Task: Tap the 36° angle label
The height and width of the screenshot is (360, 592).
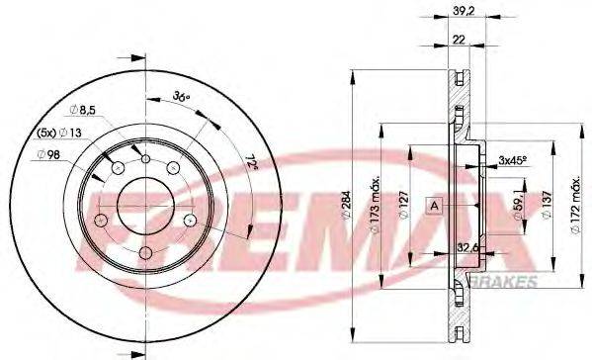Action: (181, 97)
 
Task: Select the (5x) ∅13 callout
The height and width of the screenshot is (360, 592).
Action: (60, 133)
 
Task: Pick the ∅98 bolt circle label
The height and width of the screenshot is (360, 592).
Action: (48, 153)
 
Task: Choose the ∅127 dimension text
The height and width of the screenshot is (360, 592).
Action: (404, 206)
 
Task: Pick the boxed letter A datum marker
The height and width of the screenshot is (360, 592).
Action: (433, 205)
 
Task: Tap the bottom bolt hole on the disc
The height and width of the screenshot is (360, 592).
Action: (144, 255)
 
